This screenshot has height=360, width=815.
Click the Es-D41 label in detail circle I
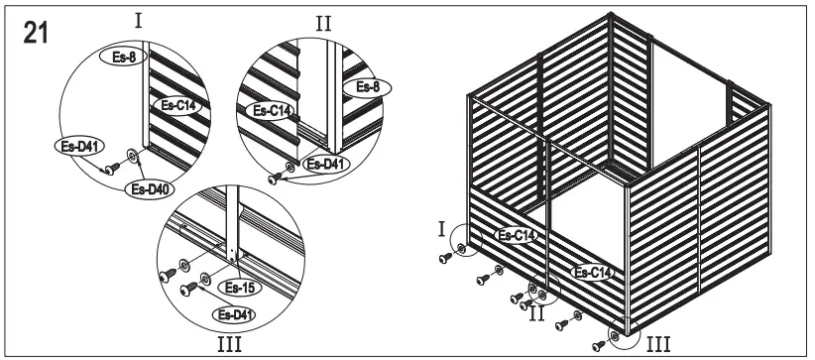point(73,145)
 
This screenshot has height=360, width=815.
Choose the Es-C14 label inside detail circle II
point(270,111)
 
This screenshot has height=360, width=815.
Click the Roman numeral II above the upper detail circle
point(323,22)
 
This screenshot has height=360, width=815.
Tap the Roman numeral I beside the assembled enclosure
point(440,229)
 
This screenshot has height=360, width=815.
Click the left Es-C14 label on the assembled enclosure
point(517,235)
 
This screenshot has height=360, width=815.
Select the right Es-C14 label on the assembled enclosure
point(592,270)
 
